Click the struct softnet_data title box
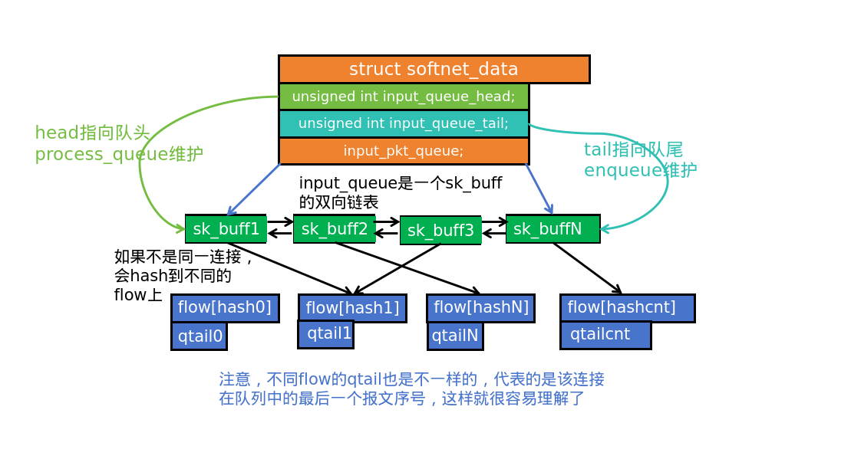click(434, 69)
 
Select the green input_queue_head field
click(404, 97)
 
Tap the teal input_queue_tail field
click(404, 123)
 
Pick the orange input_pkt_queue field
click(404, 151)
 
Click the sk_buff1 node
click(226, 229)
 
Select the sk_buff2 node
click(334, 229)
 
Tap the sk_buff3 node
click(440, 231)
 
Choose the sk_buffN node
click(552, 229)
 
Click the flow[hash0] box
click(225, 308)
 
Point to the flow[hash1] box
click(352, 308)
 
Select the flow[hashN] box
click(480, 308)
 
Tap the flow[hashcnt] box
click(627, 308)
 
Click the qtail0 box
click(199, 336)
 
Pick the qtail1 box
click(326, 334)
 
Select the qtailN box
click(455, 336)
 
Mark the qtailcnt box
click(605, 335)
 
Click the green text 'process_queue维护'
click(119, 155)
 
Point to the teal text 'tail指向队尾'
click(633, 149)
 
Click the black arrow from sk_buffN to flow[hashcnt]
click(587, 267)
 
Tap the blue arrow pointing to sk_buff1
click(253, 190)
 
